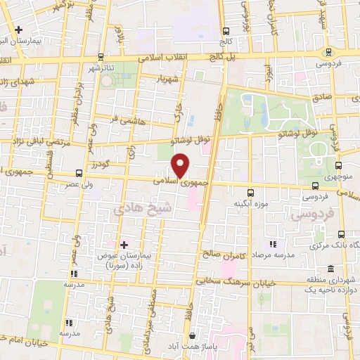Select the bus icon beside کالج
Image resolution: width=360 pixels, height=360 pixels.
coord(226,32)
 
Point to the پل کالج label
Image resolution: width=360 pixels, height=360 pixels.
coord(229,55)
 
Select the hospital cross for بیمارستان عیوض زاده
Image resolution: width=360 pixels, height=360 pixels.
coord(124,245)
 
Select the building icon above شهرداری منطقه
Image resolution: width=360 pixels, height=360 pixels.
coord(330,269)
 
